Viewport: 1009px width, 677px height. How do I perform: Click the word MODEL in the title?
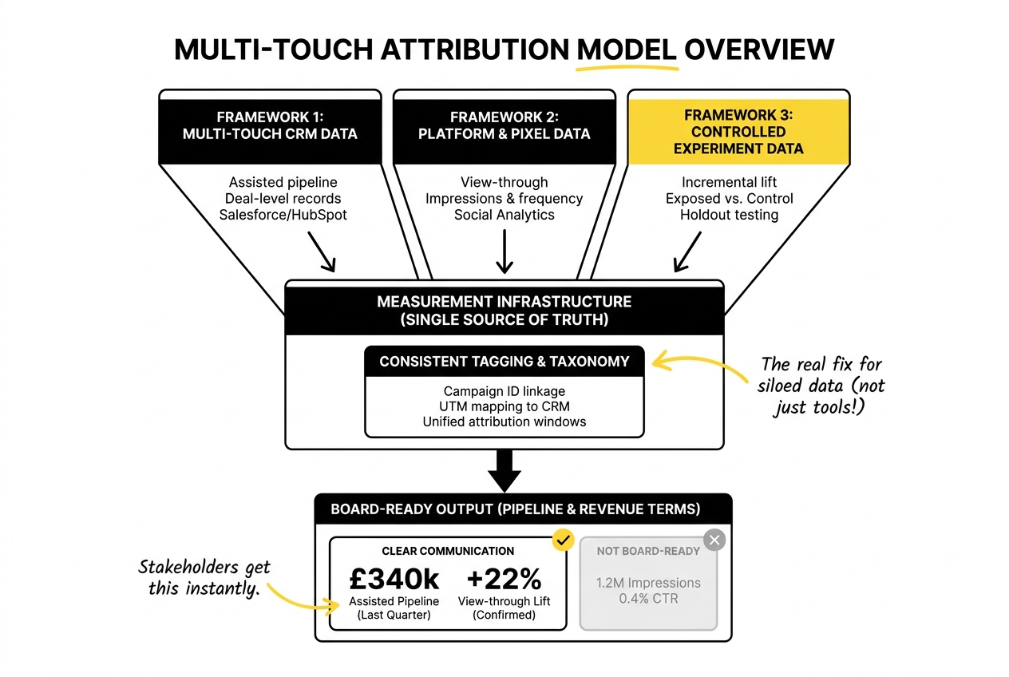[x=627, y=49]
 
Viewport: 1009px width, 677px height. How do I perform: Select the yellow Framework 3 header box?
[x=738, y=132]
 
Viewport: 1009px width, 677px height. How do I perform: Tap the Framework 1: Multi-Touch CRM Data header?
[x=270, y=126]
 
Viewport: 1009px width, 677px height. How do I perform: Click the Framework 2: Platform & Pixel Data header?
[x=504, y=126]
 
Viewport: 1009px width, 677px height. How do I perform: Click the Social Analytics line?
[x=504, y=215]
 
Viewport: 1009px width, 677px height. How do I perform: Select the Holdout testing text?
[x=729, y=215]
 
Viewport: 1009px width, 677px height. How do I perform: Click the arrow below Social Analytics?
[x=504, y=253]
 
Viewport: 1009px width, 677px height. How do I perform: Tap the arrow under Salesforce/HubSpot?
[x=321, y=254]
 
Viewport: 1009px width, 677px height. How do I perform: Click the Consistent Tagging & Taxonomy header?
[x=504, y=362]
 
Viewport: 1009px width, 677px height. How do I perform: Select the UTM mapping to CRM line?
[x=504, y=406]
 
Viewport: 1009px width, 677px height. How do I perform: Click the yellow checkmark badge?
[x=564, y=541]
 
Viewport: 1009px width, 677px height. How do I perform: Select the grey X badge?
[x=714, y=540]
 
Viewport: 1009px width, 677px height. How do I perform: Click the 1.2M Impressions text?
[x=648, y=582]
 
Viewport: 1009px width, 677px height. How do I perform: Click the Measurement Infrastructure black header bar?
[x=504, y=310]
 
